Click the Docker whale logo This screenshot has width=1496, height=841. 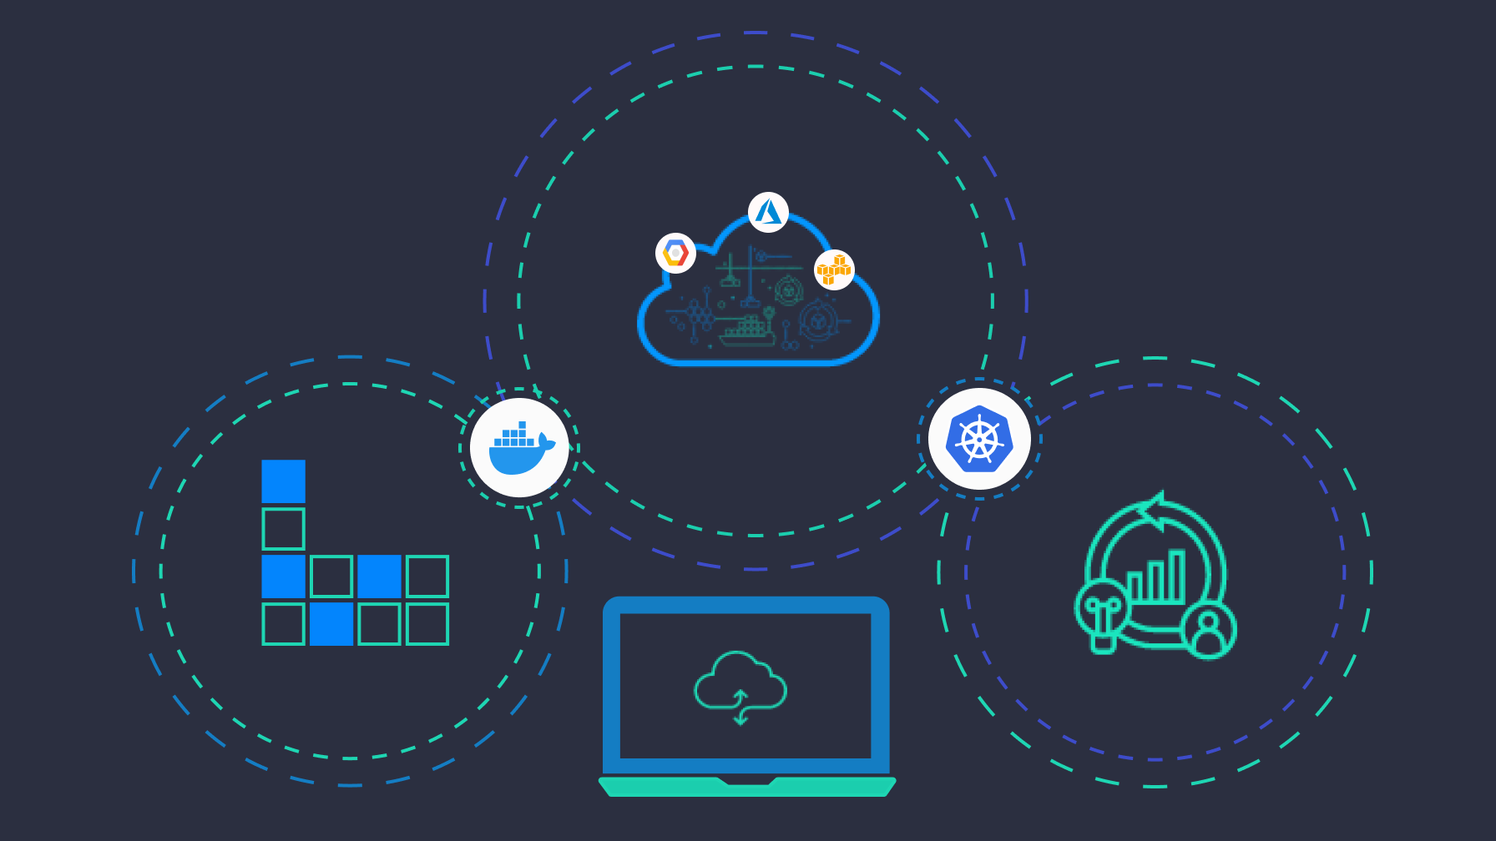coord(519,448)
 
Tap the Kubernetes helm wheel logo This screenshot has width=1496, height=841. coord(979,439)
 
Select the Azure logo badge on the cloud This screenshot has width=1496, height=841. coord(768,212)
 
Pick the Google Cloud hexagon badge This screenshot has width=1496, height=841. coord(675,253)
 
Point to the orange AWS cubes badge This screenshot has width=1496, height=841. coord(834,269)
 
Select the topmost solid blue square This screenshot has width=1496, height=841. coord(283,481)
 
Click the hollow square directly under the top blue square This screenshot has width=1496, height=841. coord(283,529)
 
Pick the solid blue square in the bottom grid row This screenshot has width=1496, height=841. coord(331,624)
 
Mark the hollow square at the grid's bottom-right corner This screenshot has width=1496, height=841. coord(427,624)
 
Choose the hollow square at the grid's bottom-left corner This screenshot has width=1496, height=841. coord(283,624)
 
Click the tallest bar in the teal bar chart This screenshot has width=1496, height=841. coord(1177,576)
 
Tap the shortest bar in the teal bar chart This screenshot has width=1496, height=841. coord(1135,587)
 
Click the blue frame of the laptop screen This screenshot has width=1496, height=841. coord(611,684)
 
